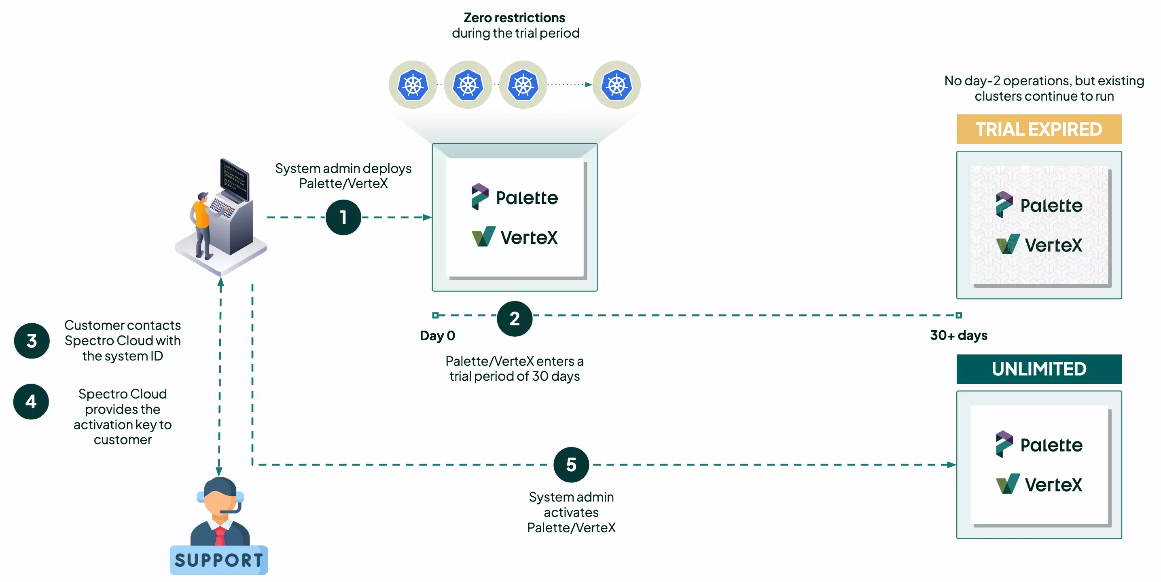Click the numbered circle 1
pos(343,217)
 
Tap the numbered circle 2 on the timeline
pos(514,318)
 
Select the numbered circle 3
pos(32,341)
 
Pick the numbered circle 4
pos(31,401)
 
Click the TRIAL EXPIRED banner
pos(1038,129)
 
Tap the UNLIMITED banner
pos(1038,369)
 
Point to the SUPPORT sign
pos(218,560)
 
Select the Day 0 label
pos(437,335)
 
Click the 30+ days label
pos(958,335)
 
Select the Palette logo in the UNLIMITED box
pos(1038,445)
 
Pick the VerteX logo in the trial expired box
pos(1038,245)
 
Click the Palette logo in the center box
pos(514,197)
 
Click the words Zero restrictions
pos(514,17)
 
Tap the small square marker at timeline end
pos(959,315)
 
